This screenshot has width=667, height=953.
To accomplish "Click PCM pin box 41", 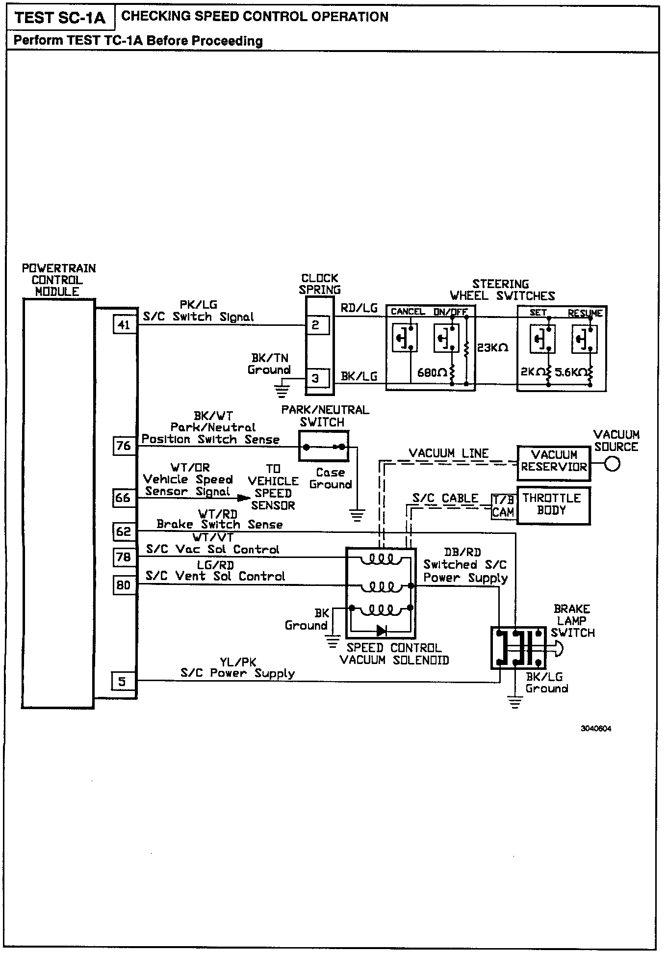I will (124, 324).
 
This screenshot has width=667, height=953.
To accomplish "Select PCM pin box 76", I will (124, 446).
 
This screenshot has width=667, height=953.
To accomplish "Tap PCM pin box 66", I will (123, 498).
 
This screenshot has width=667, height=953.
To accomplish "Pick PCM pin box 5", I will (122, 681).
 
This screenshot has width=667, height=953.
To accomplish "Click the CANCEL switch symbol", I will (405, 338).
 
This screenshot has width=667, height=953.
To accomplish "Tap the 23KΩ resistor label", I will (492, 348).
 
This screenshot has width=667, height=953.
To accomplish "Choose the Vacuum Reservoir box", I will (554, 461).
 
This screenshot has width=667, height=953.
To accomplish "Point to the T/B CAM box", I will (503, 506).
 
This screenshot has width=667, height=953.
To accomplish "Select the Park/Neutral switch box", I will (324, 446).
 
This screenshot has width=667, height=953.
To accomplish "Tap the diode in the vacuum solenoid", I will (381, 631).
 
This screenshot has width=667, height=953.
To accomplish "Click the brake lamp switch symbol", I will (518, 648).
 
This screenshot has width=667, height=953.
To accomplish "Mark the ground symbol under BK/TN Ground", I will (282, 392).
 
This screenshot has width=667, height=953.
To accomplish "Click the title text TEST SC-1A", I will (59, 18).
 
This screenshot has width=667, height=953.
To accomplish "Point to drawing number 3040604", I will (596, 729).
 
